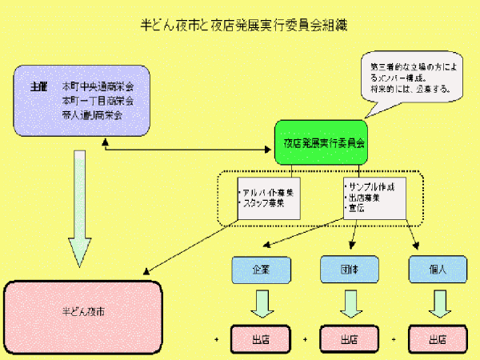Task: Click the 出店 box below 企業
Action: pos(259,338)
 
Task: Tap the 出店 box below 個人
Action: pos(436,338)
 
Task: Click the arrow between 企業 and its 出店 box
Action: pos(259,304)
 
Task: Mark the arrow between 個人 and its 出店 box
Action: pos(436,304)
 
